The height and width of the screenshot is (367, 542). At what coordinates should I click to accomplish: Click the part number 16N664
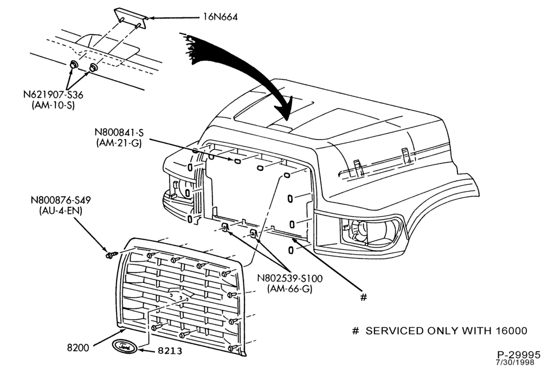click(x=221, y=17)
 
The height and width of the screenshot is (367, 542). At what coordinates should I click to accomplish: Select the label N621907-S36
click(x=53, y=94)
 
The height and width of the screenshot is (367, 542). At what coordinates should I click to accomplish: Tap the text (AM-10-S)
click(x=53, y=105)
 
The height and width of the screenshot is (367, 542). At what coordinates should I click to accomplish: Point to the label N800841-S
click(x=119, y=132)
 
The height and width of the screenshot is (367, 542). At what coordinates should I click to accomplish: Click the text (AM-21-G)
click(x=119, y=143)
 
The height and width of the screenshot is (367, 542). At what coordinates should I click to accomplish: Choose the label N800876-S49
click(x=61, y=200)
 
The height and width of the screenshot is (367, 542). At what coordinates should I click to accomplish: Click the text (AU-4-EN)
click(x=61, y=211)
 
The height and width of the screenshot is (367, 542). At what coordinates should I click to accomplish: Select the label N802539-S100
click(x=289, y=278)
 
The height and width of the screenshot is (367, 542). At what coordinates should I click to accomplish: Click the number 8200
click(x=78, y=347)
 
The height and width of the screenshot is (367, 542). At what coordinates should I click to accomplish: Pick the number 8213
click(x=170, y=351)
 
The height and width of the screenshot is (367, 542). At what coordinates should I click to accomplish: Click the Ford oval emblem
click(x=124, y=346)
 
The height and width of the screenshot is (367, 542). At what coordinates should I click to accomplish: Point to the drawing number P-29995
click(x=519, y=355)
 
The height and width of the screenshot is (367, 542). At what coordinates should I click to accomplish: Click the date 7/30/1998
click(x=518, y=363)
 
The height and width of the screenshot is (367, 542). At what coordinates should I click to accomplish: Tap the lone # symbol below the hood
click(x=363, y=297)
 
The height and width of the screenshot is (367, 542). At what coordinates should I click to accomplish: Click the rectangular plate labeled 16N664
click(x=131, y=18)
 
